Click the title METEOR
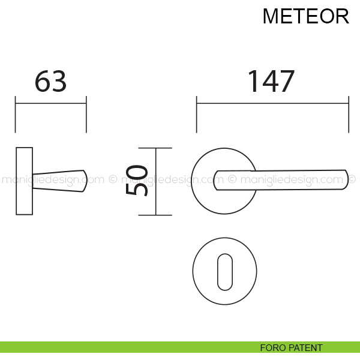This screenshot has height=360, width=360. tap(305, 16)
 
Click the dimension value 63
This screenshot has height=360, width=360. tap(51, 81)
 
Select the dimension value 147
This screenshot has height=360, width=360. tap(271, 81)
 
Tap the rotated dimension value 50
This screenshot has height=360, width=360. tap(137, 181)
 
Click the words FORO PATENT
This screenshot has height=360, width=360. tap(291, 348)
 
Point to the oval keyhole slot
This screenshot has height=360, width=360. tap(225, 272)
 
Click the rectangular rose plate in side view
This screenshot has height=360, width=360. tap(25, 181)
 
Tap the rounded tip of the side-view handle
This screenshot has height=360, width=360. tap(85, 181)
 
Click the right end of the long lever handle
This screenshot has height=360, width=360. tap(347, 179)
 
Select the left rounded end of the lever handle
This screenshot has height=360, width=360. tap(215, 181)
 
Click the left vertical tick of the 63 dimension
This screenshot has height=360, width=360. tap(16, 115)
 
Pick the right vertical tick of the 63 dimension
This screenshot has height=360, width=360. tap(86, 115)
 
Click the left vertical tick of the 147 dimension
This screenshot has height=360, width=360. tap(197, 115)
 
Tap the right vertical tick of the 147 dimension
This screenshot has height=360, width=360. tap(349, 115)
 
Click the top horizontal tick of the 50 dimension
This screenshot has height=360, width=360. tap(155, 148)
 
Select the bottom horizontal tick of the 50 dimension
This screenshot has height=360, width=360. tap(155, 215)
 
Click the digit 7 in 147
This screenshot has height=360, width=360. tap(286, 81)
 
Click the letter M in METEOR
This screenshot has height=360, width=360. tap(271, 16)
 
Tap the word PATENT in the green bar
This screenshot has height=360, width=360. tap(305, 348)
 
